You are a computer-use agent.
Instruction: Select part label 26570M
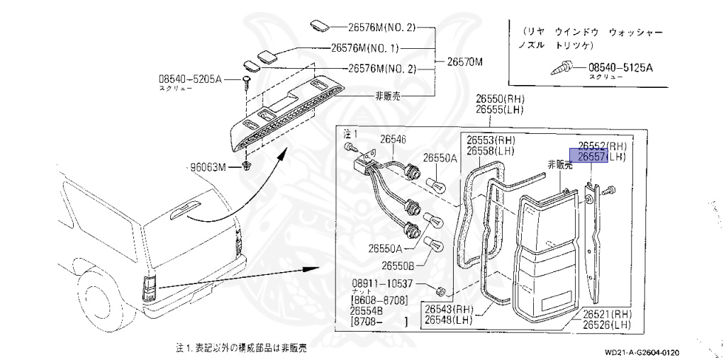[465, 62]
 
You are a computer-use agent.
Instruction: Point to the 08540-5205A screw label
[190, 80]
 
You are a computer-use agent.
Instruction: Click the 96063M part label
[208, 167]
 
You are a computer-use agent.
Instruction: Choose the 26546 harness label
[394, 139]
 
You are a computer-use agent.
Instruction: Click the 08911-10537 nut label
[382, 284]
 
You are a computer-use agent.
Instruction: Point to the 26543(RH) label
[449, 308]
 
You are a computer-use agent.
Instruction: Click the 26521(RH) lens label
[608, 314]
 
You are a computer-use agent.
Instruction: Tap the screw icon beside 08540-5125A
[562, 69]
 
